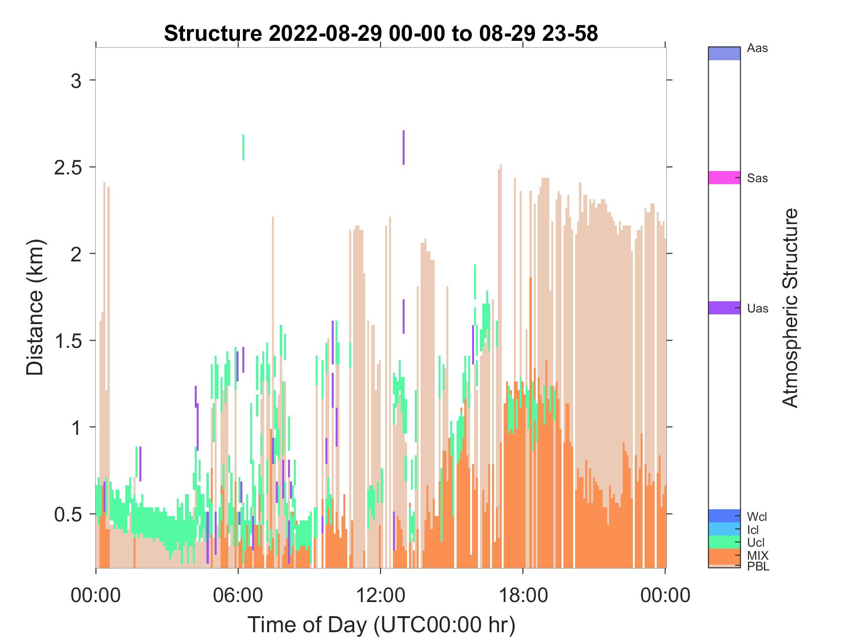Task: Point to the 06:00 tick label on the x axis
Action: pyautogui.click(x=238, y=595)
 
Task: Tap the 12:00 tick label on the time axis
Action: pyautogui.click(x=380, y=595)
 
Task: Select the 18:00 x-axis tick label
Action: pyautogui.click(x=523, y=595)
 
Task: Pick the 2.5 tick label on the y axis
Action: pyautogui.click(x=68, y=167)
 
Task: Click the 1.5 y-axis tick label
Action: pyautogui.click(x=68, y=341)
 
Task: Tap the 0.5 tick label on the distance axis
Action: pyautogui.click(x=68, y=514)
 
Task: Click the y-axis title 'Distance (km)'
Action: pyautogui.click(x=35, y=308)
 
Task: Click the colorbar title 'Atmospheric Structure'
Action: pyautogui.click(x=790, y=308)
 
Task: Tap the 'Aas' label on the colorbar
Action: pyautogui.click(x=757, y=49)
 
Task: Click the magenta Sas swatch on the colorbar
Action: pyautogui.click(x=724, y=178)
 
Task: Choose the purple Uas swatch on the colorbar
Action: pyautogui.click(x=724, y=308)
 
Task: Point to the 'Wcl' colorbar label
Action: pyautogui.click(x=757, y=517)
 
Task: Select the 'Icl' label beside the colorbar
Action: pyautogui.click(x=753, y=530)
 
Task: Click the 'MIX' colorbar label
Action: pyautogui.click(x=758, y=555)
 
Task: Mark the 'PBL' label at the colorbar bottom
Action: pyautogui.click(x=758, y=566)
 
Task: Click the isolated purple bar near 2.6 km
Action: pyautogui.click(x=403, y=148)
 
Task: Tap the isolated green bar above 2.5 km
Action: pyautogui.click(x=243, y=147)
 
